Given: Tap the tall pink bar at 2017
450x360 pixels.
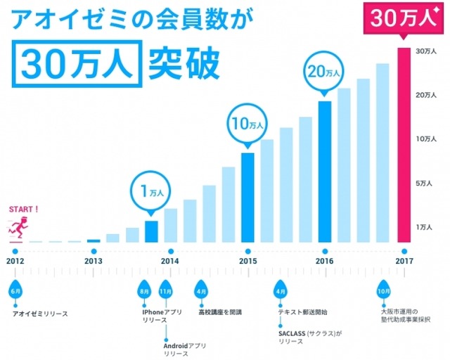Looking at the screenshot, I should [x=403, y=144].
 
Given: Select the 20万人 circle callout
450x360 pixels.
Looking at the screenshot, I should [x=324, y=72].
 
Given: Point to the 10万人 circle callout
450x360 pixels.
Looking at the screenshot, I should [x=247, y=124].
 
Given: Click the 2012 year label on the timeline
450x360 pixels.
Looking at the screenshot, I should [x=15, y=261].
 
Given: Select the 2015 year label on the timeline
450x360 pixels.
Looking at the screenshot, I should [x=247, y=261].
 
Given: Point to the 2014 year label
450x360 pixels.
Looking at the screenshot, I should [x=169, y=261].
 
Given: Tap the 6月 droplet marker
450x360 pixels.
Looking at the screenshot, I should [x=15, y=290].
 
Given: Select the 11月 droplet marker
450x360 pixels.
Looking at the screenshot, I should [x=166, y=290].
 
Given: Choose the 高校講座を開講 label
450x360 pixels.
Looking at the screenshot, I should [x=219, y=311].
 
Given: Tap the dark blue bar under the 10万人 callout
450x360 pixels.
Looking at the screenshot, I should [x=247, y=197].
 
